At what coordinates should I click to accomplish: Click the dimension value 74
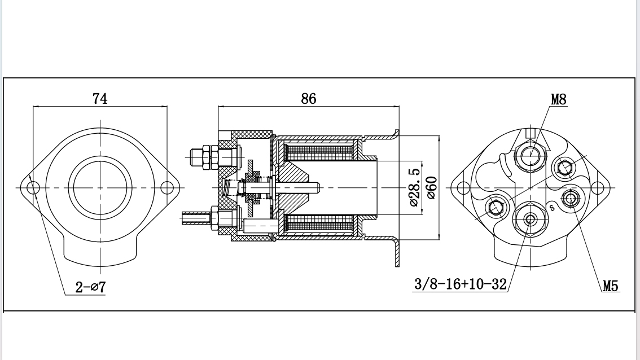click(x=100, y=98)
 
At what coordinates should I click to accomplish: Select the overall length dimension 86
click(x=308, y=98)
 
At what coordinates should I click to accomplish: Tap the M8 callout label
click(x=558, y=100)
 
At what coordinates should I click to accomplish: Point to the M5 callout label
click(x=610, y=286)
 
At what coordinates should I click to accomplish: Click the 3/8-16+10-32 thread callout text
click(x=461, y=284)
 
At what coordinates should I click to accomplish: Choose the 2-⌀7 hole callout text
click(x=91, y=287)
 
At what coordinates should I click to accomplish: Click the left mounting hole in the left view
click(x=33, y=187)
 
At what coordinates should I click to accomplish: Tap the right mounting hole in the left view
click(x=166, y=187)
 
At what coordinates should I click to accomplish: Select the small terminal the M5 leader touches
click(x=571, y=198)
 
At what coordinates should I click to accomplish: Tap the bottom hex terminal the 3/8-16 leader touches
click(x=530, y=219)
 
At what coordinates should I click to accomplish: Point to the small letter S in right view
click(x=552, y=207)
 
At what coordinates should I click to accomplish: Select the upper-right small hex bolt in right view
click(x=564, y=167)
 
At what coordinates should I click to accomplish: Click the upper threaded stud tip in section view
click(x=192, y=157)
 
